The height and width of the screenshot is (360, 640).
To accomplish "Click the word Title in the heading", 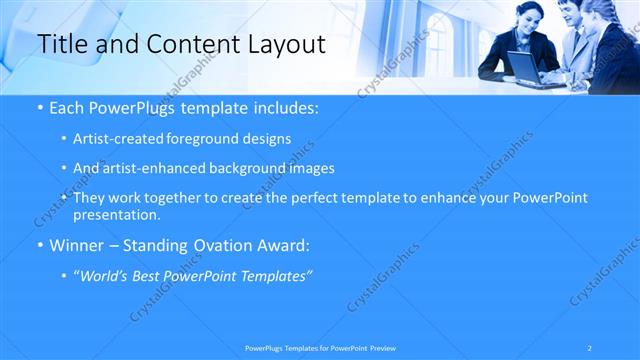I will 61,44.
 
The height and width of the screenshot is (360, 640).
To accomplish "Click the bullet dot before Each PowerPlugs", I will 38,107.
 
